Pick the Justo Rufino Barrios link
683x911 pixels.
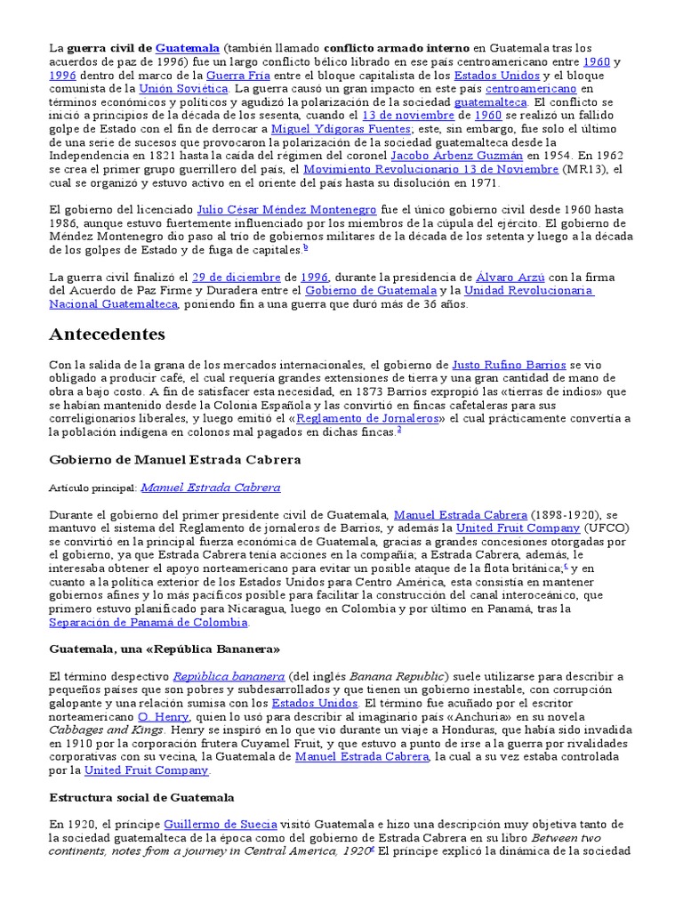pyautogui.click(x=509, y=365)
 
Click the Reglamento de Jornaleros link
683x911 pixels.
pyautogui.click(x=368, y=418)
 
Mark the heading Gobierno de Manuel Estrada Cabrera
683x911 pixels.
pyautogui.click(x=175, y=460)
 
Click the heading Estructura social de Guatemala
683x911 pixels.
pyautogui.click(x=142, y=797)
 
